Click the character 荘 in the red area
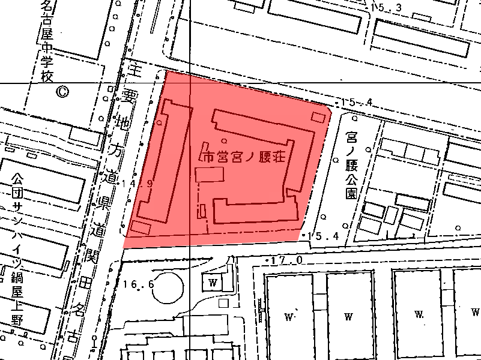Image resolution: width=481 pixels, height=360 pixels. [x=276, y=158]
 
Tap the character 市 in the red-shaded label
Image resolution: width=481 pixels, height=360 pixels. [x=208, y=158]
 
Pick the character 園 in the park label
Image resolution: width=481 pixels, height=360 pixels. [x=351, y=193]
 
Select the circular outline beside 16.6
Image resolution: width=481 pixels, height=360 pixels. [x=166, y=288]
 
